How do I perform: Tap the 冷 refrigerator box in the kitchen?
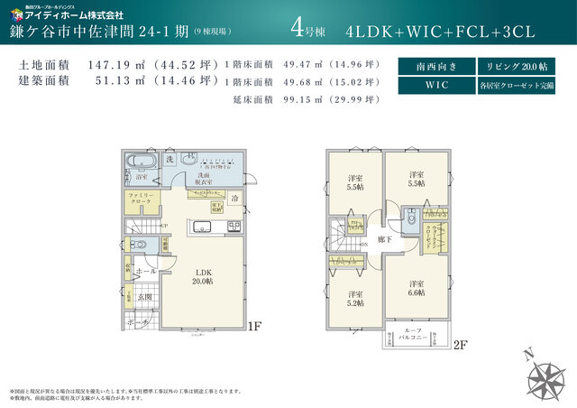234,196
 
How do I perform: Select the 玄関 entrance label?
145,296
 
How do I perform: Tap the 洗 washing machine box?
169,159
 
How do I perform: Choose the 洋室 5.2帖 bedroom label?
353,298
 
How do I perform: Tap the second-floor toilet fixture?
411,218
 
